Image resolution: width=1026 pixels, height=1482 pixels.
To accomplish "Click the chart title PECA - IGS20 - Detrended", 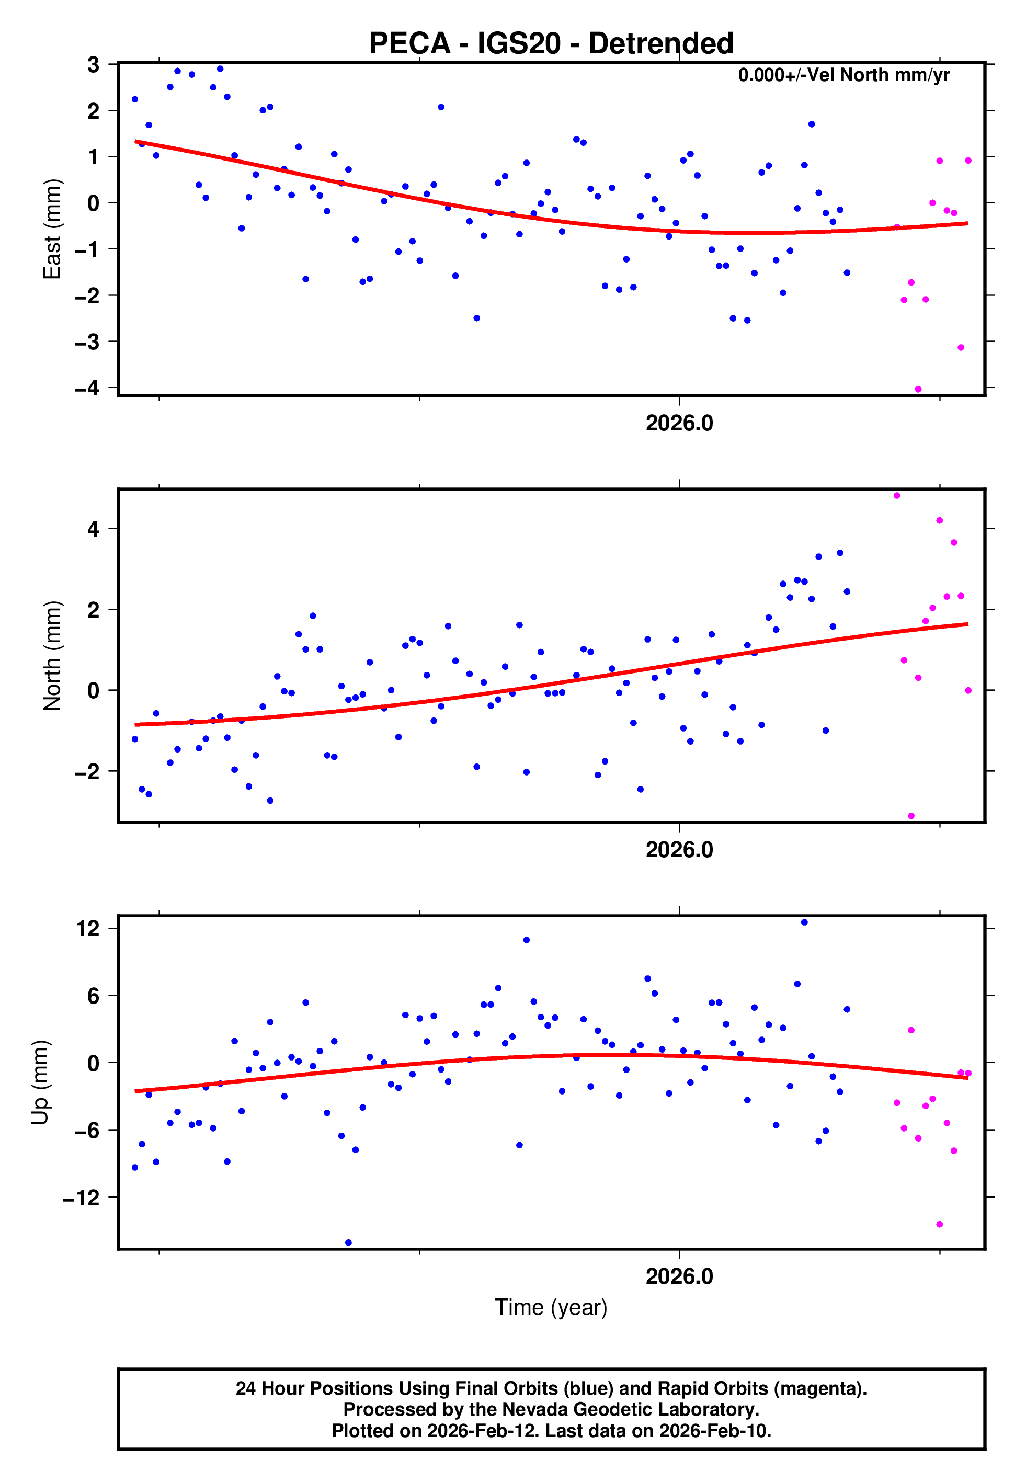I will pos(551,44).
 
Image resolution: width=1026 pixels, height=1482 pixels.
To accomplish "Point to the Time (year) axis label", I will pos(551,1307).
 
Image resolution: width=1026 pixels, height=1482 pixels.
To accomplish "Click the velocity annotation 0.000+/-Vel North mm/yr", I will pos(843,75).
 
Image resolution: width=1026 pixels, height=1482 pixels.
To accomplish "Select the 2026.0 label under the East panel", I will pos(679,424).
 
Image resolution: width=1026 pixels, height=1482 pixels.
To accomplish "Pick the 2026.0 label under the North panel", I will pos(679,850).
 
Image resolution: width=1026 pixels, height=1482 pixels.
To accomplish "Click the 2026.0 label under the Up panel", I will pos(679,1276).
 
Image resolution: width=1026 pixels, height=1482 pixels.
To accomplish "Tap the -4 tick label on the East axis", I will pos(87,387).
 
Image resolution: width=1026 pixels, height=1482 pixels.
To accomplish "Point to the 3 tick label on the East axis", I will pos(94,64).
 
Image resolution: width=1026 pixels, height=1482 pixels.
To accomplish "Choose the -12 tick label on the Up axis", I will pos(81,1198).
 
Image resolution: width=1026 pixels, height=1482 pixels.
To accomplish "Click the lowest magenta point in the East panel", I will pos(918,390).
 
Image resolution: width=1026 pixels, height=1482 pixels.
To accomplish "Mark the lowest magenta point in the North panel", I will pos(911,816).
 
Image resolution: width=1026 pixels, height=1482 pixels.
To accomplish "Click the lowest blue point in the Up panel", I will pos(348,1243).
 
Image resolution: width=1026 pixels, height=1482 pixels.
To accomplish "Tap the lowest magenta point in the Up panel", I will pos(939,1224).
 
